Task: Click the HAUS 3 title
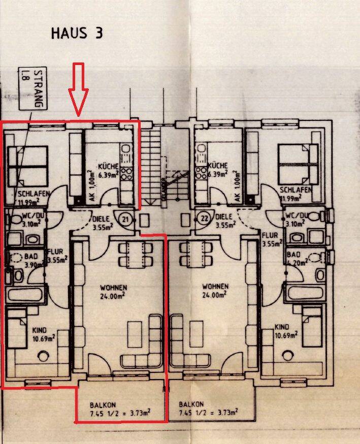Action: point(77,34)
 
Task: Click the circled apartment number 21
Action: point(124,219)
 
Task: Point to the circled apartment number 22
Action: point(204,218)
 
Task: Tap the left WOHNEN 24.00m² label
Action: point(113,291)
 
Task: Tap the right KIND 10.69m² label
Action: point(286,331)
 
